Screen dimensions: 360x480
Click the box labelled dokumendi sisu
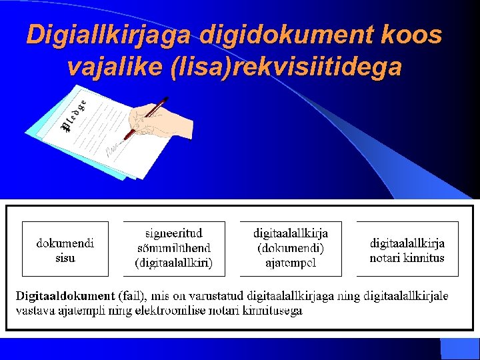pos(65,249)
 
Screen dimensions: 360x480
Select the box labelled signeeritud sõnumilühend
pos(174,249)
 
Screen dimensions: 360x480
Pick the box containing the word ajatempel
pos(290,249)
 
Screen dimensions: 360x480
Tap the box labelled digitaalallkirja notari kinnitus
pos(407,249)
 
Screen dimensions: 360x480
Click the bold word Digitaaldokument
pos(65,295)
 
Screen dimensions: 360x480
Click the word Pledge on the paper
pos(74,114)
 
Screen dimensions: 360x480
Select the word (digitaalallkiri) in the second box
pos(174,263)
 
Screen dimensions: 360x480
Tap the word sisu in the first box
pos(65,257)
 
